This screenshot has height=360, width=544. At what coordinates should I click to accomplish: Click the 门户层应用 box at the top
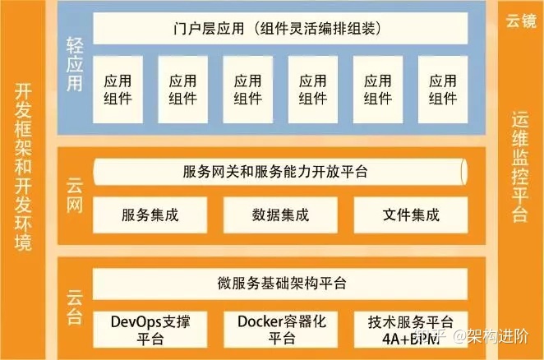tap(280, 30)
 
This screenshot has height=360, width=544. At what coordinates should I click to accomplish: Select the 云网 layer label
tap(74, 196)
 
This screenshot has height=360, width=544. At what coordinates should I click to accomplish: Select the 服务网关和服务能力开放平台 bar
tap(280, 172)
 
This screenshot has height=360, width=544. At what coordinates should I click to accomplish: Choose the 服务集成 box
tap(149, 215)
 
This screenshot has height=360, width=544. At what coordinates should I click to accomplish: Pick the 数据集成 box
tap(280, 215)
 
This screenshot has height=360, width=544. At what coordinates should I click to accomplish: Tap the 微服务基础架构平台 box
tap(280, 284)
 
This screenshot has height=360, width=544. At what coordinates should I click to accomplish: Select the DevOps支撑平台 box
tap(149, 329)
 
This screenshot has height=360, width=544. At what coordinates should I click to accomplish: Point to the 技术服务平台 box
tap(408, 321)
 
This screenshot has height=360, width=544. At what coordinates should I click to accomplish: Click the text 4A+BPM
tap(408, 338)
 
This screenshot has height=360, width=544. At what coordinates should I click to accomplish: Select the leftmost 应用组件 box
tap(118, 90)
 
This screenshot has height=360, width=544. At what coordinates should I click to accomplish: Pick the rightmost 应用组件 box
tap(443, 90)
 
